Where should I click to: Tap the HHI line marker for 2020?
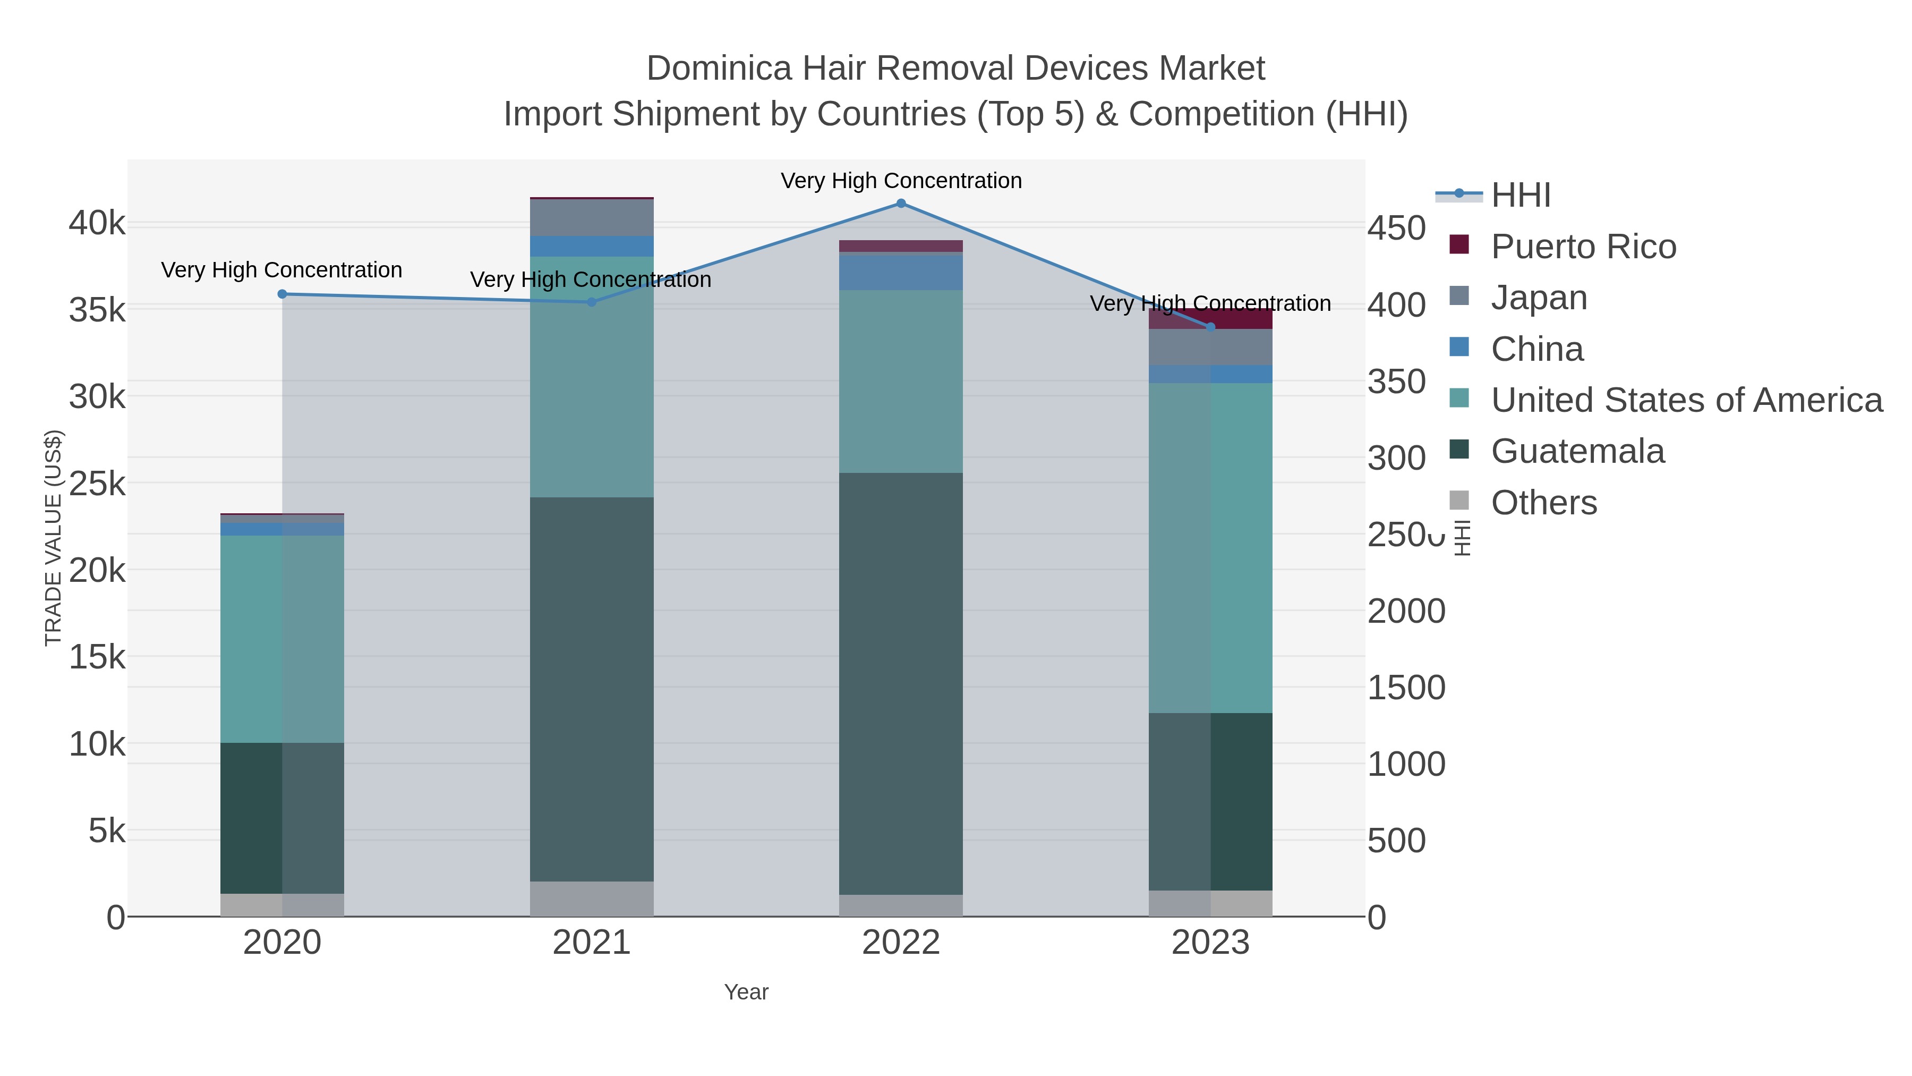tap(282, 294)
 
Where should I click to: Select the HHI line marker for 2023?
tap(1210, 327)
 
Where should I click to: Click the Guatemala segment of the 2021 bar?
tap(592, 689)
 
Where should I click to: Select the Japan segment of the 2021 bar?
tap(592, 217)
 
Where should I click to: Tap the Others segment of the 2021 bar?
tap(592, 899)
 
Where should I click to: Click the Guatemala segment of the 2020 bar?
tap(282, 818)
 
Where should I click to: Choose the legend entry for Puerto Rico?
tap(1583, 247)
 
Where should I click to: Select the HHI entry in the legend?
tap(1520, 196)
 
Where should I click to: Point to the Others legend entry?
tap(1543, 503)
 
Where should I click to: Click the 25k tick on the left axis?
tap(97, 484)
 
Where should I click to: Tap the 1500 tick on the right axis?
tap(1406, 688)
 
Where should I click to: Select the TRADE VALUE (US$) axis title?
tap(54, 538)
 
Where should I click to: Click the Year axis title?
tap(746, 992)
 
